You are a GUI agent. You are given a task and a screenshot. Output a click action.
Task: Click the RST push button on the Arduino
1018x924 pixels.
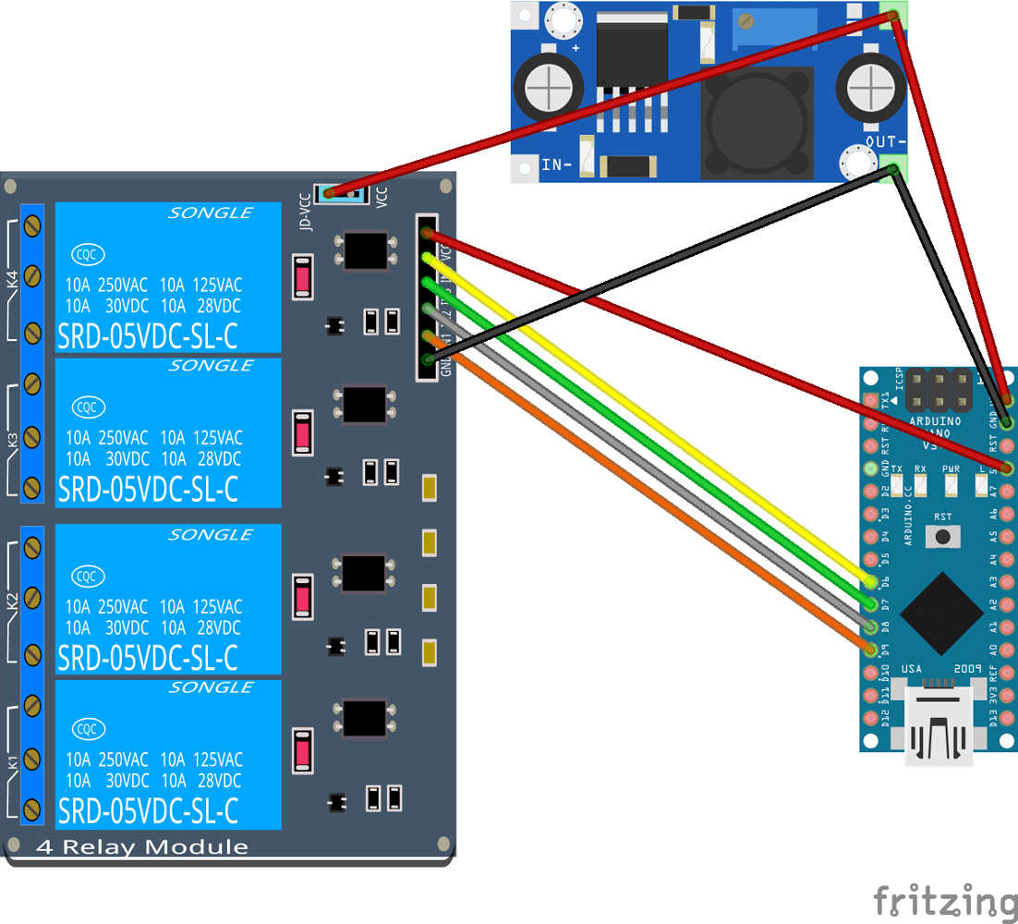942,536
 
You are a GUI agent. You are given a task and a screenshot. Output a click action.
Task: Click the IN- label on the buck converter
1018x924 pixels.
557,165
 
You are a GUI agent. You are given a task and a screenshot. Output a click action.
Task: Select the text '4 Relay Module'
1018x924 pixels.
143,847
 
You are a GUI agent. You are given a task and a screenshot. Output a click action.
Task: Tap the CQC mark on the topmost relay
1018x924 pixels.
87,254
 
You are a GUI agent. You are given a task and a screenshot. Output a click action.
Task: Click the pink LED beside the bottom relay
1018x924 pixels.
301,750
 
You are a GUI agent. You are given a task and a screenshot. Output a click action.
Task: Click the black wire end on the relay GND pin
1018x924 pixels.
427,359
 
